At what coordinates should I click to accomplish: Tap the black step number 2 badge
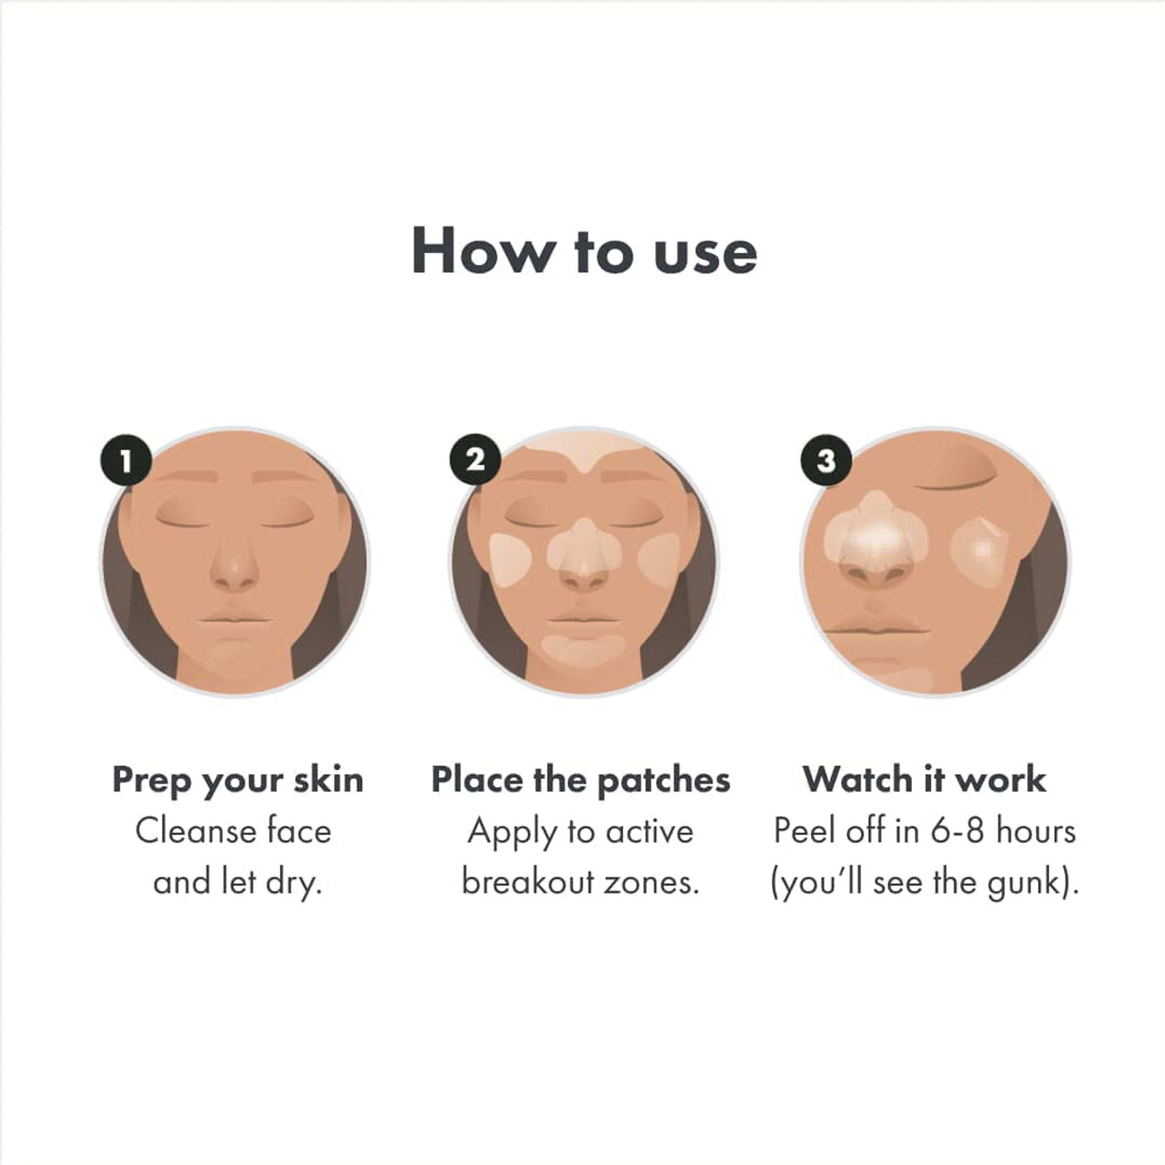coord(475,460)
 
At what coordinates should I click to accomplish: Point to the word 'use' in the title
coord(705,253)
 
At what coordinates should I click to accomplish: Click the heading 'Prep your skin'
coord(238,780)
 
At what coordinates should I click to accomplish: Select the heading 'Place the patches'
coord(580,780)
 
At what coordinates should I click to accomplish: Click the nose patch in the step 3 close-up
coord(874,534)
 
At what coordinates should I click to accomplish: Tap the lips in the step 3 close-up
coord(874,627)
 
